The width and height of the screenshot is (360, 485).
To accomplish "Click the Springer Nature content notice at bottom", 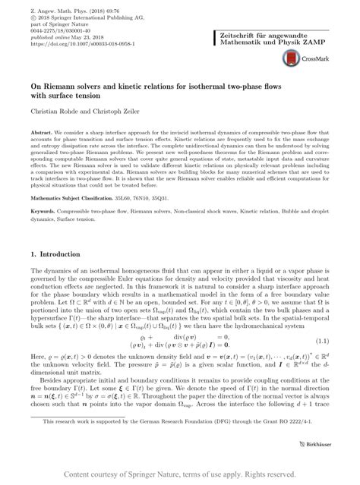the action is [x=181, y=474].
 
